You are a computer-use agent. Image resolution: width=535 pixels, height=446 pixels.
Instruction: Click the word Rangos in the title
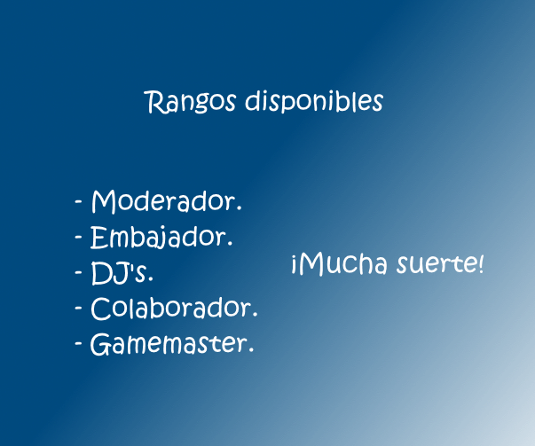coord(190,102)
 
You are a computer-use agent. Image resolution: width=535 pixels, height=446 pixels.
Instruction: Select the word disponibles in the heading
coord(314,101)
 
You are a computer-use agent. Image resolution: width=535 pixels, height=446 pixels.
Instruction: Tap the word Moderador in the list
coord(164,201)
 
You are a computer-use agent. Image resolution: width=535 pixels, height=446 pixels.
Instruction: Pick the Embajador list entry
coord(159,238)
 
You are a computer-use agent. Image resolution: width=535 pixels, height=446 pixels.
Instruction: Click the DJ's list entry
coord(119,273)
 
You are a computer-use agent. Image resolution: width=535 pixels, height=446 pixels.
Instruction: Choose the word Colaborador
coord(171,308)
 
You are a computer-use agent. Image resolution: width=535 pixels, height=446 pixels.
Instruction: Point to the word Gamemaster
coord(169,344)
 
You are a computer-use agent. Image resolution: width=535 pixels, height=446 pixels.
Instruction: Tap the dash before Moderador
coord(78,202)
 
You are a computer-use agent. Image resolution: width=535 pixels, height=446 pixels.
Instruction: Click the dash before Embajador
coord(78,237)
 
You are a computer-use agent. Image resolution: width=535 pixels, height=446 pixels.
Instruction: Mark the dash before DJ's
coord(78,273)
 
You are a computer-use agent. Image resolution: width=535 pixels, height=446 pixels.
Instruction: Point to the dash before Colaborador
coord(78,308)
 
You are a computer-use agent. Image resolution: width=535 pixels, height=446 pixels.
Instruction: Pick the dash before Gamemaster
coord(78,343)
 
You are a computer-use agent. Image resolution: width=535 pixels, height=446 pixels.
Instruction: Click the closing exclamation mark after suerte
coord(481,264)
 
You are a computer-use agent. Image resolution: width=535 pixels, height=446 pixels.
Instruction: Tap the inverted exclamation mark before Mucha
coord(295,265)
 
